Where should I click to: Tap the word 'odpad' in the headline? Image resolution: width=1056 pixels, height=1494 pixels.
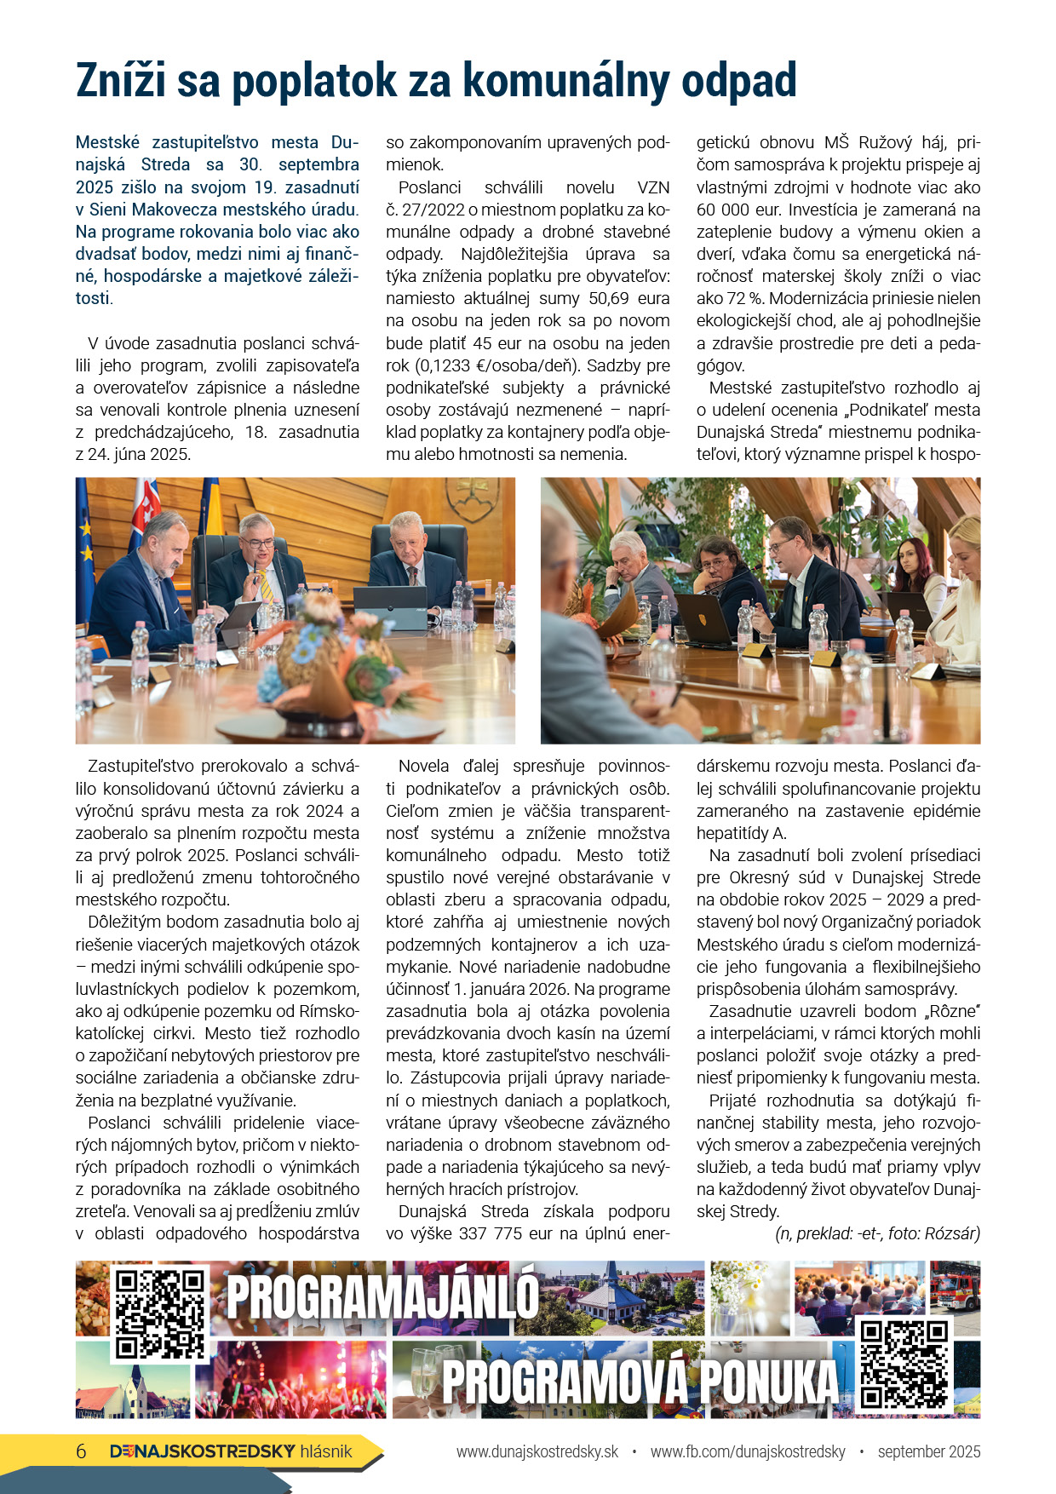tap(744, 82)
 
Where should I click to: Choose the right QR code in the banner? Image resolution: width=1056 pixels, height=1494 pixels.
tap(904, 1365)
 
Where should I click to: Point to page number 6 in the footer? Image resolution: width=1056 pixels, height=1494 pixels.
tap(82, 1451)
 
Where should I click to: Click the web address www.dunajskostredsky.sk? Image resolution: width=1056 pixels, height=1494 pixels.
tap(537, 1451)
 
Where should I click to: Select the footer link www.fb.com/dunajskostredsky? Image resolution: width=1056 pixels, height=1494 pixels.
tap(748, 1451)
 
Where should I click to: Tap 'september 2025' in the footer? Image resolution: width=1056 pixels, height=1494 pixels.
tap(928, 1451)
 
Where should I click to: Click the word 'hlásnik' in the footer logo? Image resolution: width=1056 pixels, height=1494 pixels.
tap(326, 1451)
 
